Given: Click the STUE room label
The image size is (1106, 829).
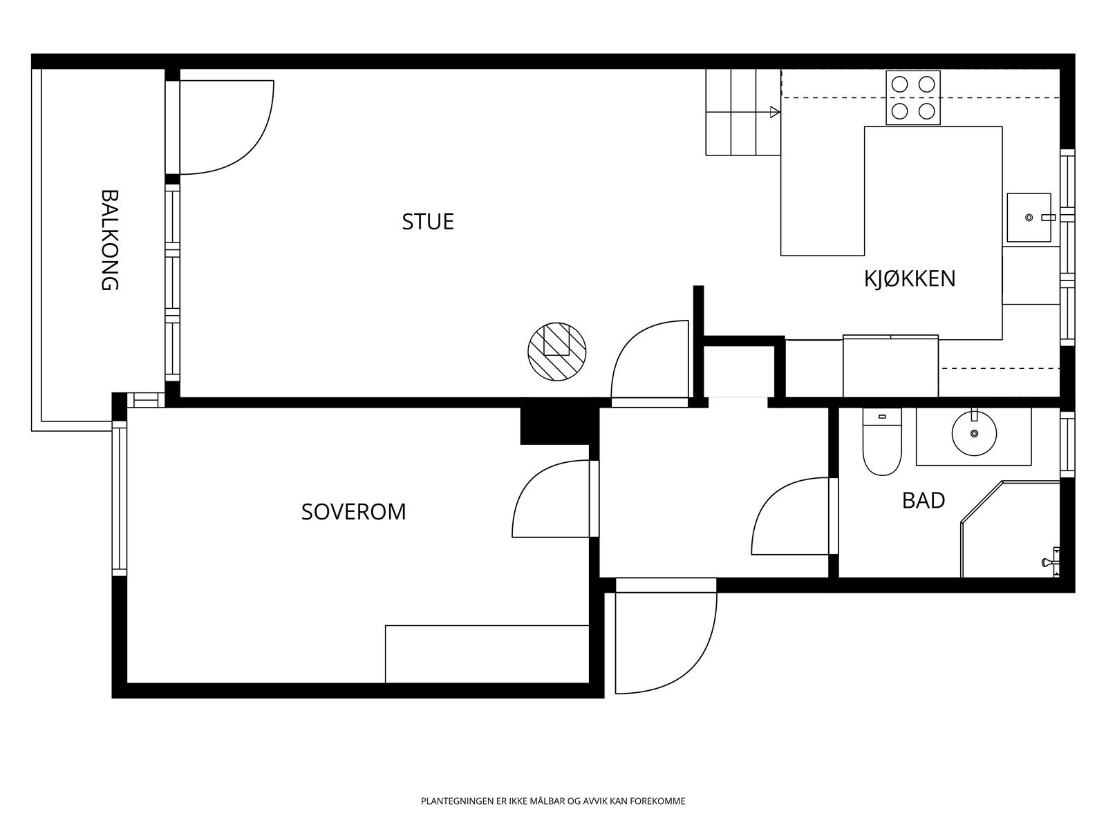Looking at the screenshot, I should click(x=428, y=222).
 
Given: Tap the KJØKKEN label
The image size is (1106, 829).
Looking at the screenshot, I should click(x=909, y=278).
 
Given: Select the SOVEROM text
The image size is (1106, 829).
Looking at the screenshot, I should click(x=353, y=512).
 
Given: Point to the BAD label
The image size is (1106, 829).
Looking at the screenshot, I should click(x=923, y=500).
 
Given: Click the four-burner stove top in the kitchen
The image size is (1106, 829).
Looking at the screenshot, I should click(x=912, y=98).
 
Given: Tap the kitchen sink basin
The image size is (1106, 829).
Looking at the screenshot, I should click(x=1028, y=218).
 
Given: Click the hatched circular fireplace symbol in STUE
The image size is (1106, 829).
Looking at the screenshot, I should click(x=556, y=351).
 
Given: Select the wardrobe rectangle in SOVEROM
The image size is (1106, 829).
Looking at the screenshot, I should click(x=487, y=654).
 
